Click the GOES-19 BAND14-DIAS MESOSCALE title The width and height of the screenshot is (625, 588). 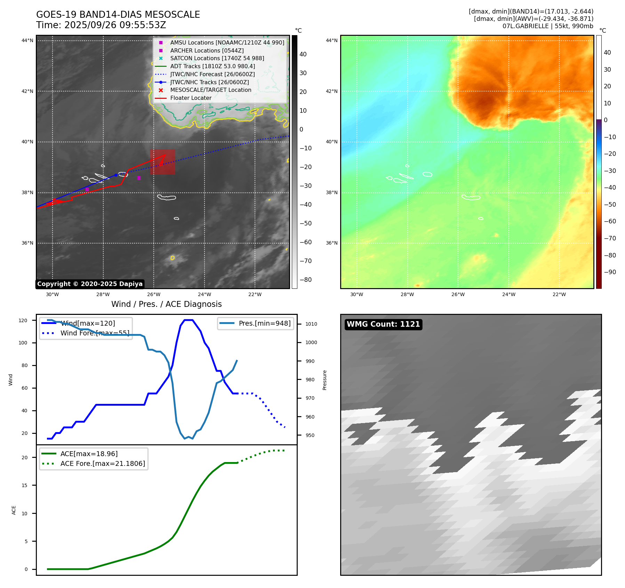(118, 15)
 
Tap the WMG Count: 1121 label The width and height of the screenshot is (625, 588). (383, 324)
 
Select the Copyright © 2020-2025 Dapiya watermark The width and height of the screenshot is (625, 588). (90, 284)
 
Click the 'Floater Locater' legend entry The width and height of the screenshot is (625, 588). (191, 98)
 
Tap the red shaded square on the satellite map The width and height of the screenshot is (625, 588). (162, 162)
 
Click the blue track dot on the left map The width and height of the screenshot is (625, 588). (116, 175)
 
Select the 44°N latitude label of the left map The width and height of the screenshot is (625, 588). (27, 41)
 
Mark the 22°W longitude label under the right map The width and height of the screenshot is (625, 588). (559, 295)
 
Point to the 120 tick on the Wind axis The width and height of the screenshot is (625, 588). (23, 320)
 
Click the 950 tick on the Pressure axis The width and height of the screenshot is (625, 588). (310, 435)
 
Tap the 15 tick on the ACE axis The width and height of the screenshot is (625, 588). (24, 485)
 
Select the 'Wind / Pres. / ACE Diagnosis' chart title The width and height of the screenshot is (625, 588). (166, 304)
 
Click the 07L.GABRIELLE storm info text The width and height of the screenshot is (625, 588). (547, 26)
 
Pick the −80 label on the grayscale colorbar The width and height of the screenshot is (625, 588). (306, 280)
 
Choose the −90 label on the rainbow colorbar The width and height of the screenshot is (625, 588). (610, 272)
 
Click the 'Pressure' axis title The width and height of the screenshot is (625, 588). (324, 380)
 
